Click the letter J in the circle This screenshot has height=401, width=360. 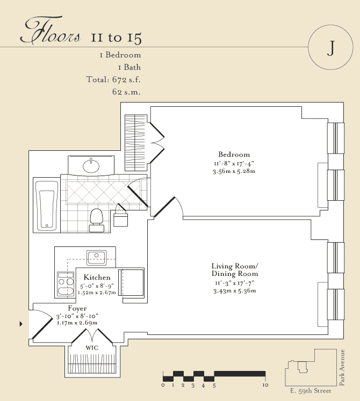coord(331,48)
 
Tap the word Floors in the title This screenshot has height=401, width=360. coord(51,30)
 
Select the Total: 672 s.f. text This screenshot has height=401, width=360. coord(113,79)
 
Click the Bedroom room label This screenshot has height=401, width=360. coord(234,155)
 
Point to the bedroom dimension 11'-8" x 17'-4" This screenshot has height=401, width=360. coord(234,163)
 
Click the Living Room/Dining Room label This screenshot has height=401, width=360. coord(235,270)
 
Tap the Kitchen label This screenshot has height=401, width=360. coord(97,278)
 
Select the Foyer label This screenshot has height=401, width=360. coord(77,309)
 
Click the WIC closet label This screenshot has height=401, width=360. coord(92,348)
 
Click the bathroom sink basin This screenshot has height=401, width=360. coord(91,166)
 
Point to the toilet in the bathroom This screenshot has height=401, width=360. coord(97,220)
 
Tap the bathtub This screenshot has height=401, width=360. coord(46,206)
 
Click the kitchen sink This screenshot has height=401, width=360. coord(97,258)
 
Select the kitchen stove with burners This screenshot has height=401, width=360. coord(66,284)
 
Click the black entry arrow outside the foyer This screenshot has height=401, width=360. coord(21,324)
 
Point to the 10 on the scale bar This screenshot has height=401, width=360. coord(265,385)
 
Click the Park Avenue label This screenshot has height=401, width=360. coord(342,368)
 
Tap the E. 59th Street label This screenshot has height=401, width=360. coord(311,391)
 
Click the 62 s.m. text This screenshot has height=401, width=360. coord(126,92)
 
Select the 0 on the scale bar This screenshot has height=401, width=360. coord(163,385)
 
